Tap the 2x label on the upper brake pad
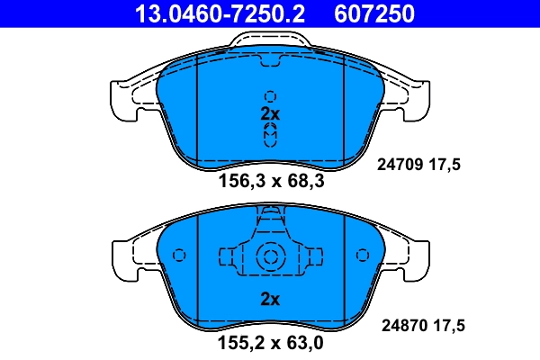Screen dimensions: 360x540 coord(271,114)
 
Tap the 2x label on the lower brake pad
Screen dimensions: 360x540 coord(271,299)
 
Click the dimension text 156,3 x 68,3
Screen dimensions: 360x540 coord(271,181)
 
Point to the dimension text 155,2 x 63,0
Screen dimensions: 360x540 coord(271,342)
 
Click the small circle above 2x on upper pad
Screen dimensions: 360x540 coord(271,96)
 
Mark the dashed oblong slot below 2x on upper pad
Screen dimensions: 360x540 coord(271,135)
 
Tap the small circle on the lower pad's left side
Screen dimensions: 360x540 coord(178,255)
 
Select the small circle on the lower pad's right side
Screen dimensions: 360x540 coord(364,255)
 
